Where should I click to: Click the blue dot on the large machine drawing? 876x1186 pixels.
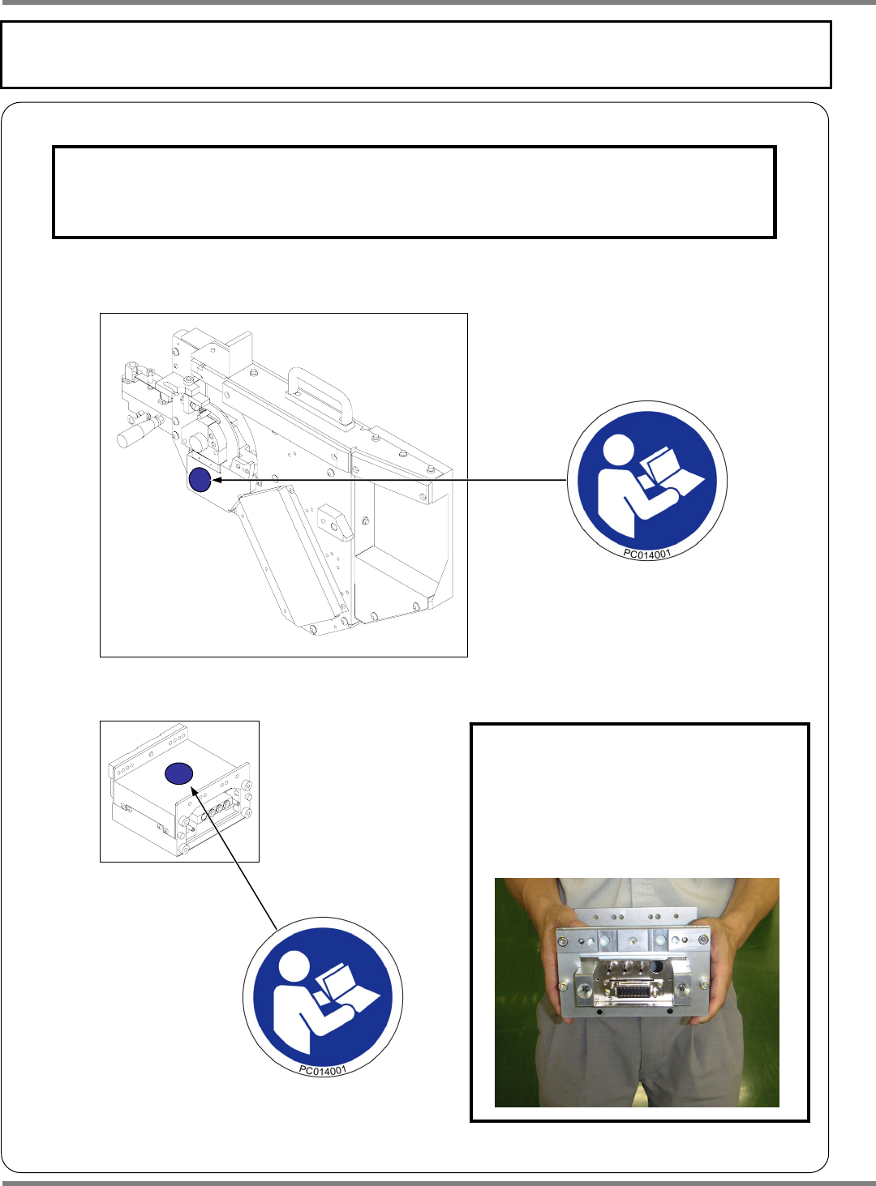pos(200,480)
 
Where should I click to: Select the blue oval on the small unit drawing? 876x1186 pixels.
pos(178,773)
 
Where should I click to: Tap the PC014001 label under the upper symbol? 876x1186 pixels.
pos(646,554)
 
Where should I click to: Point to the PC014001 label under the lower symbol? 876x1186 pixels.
pos(323,1070)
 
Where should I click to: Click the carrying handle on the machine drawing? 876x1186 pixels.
pos(320,396)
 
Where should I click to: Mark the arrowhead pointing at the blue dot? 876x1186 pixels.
pos(217,480)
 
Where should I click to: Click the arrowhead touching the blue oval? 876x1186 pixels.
pos(195,791)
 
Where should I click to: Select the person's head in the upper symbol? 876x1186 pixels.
pos(619,450)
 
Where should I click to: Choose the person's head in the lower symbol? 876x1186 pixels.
pos(294,967)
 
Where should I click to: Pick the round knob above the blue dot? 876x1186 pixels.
pos(197,442)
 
